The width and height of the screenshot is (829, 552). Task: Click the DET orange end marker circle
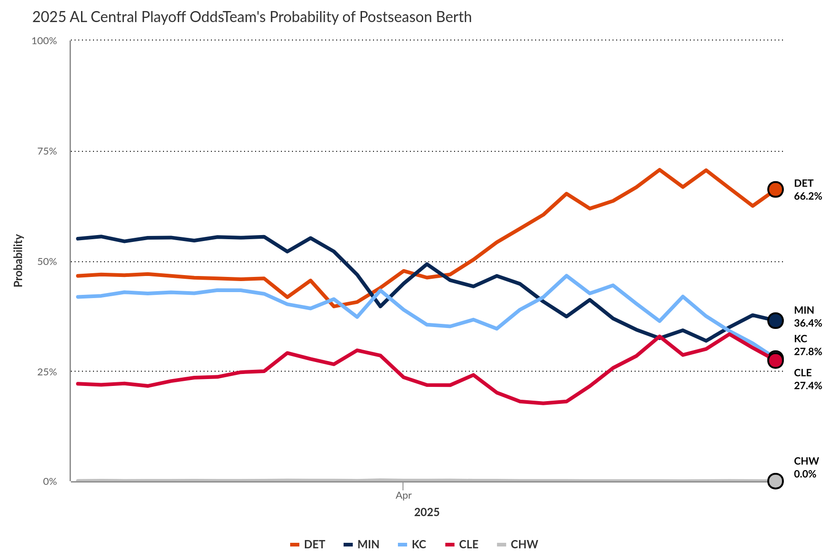775,189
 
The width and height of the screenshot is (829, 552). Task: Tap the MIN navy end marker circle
775,320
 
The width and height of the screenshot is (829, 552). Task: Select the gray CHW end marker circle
775,481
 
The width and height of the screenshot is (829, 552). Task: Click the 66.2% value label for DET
807,196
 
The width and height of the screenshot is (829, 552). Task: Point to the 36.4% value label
807,323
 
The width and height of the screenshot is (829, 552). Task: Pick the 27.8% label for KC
807,352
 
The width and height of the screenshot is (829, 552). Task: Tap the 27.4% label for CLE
807,386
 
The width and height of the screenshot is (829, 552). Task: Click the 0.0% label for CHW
805,474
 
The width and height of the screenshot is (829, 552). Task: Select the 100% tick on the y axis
44,41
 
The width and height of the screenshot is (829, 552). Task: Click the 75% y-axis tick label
47,151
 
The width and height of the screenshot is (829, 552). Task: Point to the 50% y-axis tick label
47,262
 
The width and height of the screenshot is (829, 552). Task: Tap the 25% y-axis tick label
47,372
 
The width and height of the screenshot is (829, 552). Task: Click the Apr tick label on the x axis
403,495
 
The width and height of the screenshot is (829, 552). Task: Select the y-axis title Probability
18,261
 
